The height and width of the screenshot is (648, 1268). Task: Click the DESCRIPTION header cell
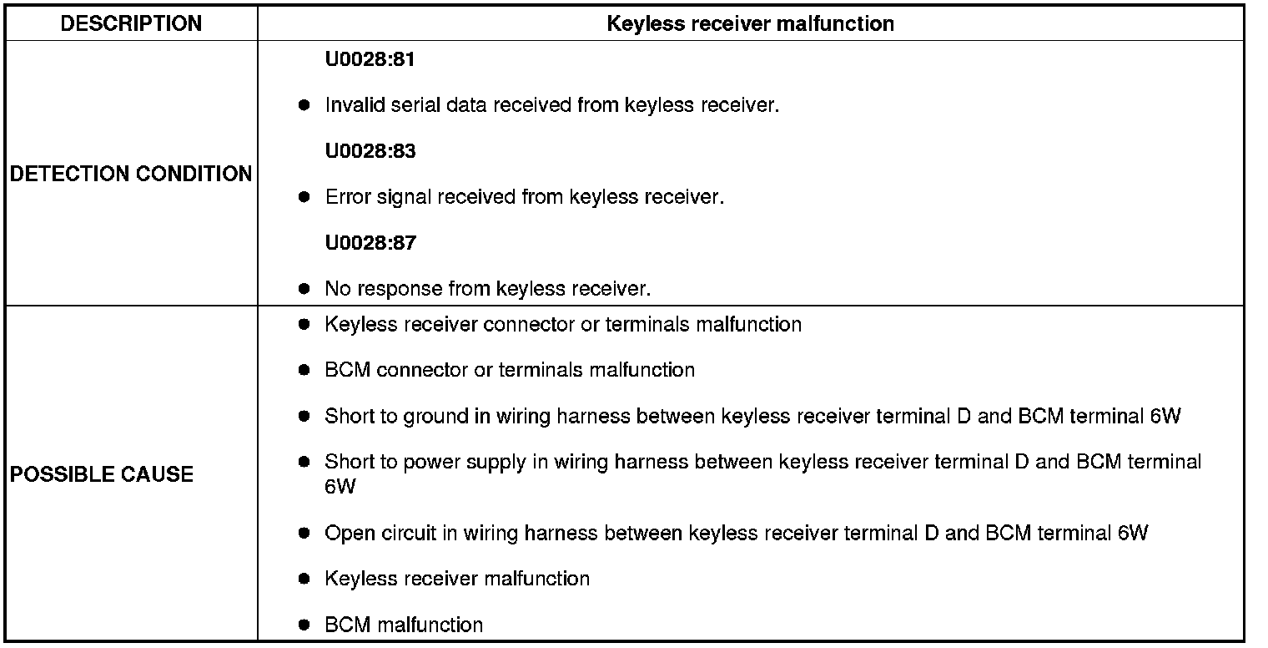point(131,23)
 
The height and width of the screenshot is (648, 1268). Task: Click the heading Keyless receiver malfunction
point(750,23)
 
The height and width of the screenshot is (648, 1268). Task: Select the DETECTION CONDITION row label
point(130,174)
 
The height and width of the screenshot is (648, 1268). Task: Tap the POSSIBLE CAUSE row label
point(102,474)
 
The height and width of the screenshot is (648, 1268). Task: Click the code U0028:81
point(370,60)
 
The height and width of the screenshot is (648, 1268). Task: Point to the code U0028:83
point(370,151)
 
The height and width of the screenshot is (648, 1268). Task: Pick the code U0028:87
point(370,243)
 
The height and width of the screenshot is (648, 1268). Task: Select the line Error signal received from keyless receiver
point(524,197)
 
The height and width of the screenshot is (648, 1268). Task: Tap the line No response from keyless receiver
point(487,289)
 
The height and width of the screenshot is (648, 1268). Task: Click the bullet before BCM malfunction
point(304,624)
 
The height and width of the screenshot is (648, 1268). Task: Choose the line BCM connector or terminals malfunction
point(509,369)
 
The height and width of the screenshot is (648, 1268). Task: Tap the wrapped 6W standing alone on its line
point(340,487)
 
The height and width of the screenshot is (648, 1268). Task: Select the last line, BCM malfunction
point(404,625)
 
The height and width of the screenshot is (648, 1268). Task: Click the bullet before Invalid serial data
point(304,105)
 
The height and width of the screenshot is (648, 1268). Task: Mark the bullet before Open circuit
point(304,532)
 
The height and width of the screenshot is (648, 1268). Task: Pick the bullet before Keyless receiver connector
point(304,323)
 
